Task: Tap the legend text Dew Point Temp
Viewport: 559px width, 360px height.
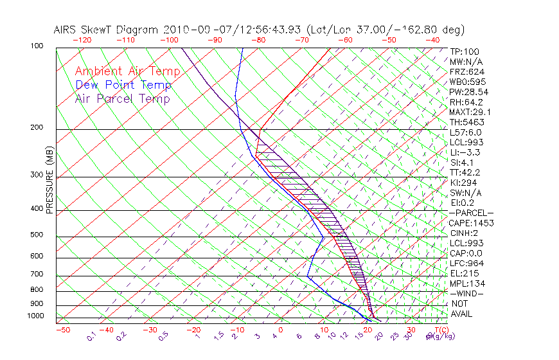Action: tap(123, 85)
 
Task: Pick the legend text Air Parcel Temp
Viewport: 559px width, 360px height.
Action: tap(123, 98)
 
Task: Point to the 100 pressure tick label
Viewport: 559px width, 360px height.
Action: tap(37, 46)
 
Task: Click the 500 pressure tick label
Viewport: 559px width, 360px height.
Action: tap(37, 235)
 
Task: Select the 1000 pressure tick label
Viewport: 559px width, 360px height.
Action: tap(35, 316)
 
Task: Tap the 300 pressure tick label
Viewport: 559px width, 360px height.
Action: tap(37, 175)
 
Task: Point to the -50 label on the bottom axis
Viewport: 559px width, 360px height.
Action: tap(62, 330)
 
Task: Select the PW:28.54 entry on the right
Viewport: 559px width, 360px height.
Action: tap(468, 92)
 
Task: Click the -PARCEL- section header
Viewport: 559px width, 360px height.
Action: tap(471, 213)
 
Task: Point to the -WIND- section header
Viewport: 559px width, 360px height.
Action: tap(467, 293)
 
